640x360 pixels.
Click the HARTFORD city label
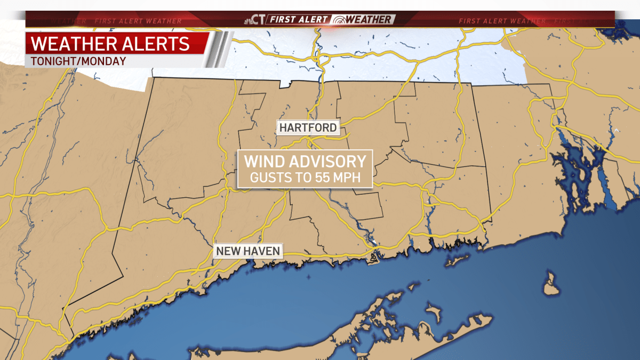click(x=308, y=127)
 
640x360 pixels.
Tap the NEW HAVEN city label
click(x=247, y=251)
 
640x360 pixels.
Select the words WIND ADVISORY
click(x=305, y=162)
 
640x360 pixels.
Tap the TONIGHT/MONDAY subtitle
click(x=78, y=61)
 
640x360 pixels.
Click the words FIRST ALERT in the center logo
click(x=299, y=20)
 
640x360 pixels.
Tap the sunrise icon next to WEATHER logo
click(x=339, y=20)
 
